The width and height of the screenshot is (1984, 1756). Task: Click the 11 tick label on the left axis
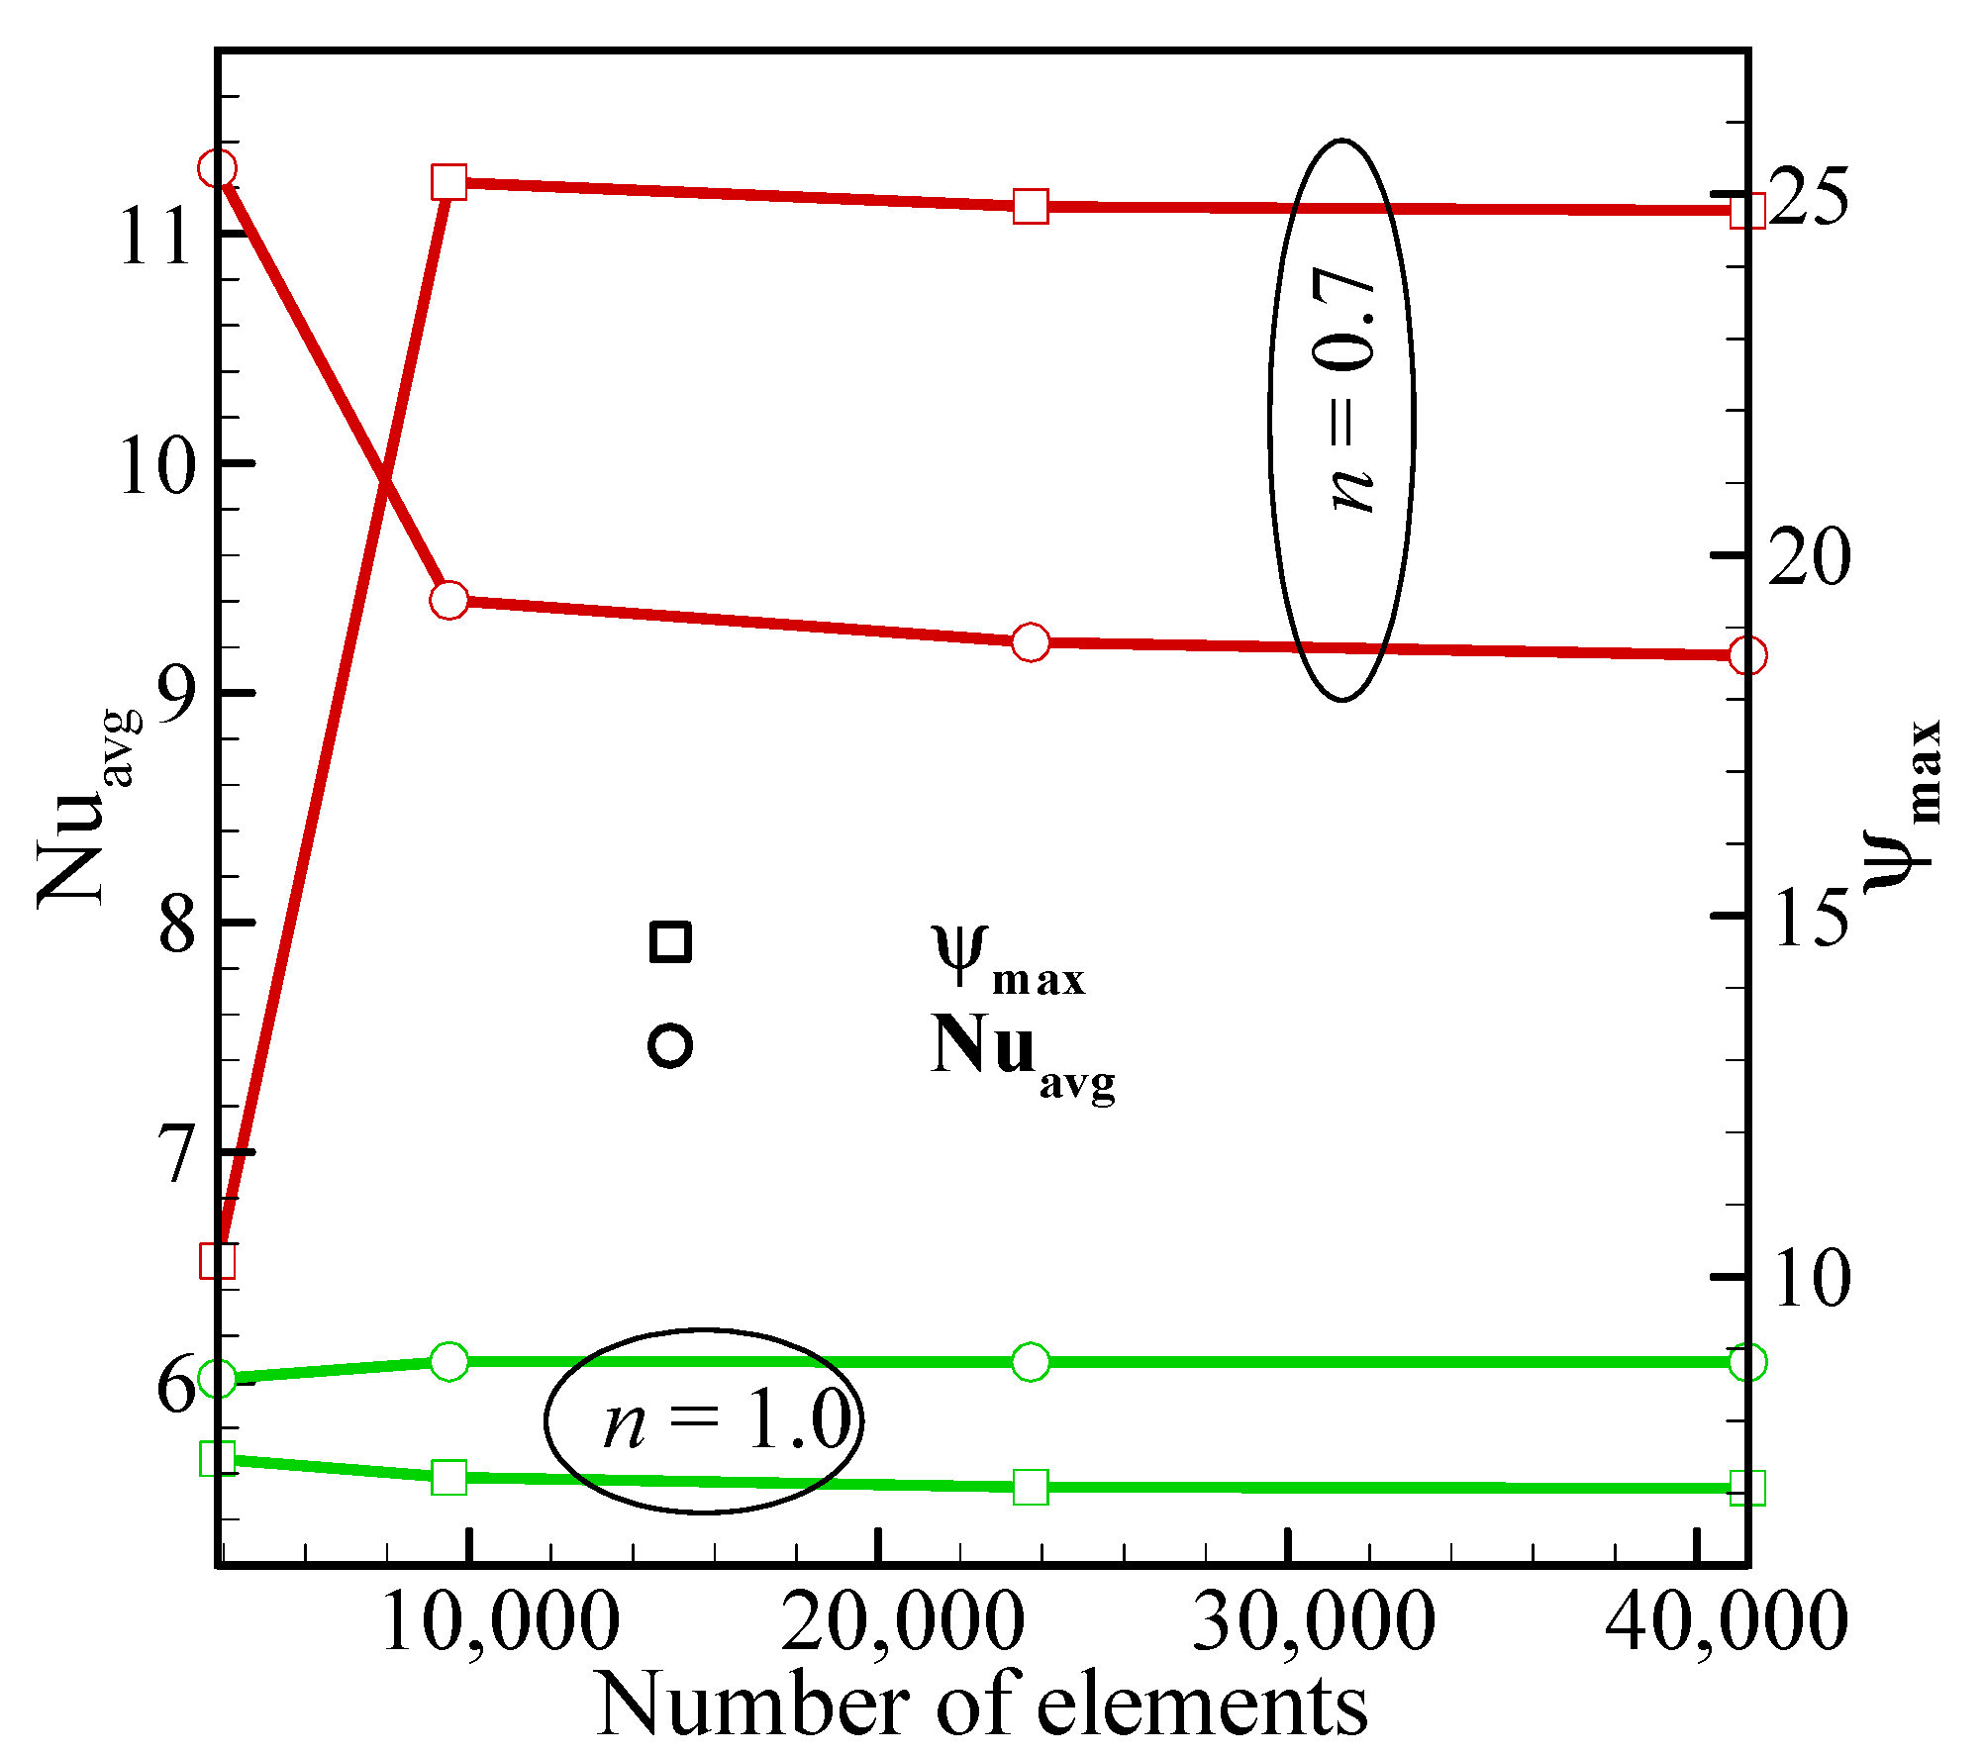pos(154,237)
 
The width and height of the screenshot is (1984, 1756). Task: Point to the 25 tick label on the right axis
pos(1808,196)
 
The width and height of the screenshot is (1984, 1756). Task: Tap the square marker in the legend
pos(670,941)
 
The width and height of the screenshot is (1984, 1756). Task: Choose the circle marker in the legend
pos(670,1046)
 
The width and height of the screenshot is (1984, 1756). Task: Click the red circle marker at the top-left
pos(217,168)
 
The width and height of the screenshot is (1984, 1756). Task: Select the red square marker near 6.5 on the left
pos(218,1261)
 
